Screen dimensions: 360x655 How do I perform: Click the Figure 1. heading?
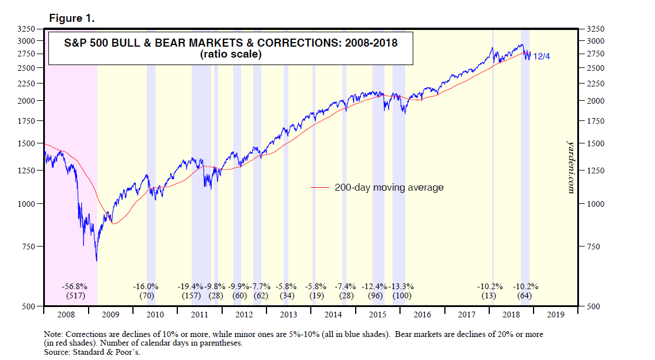tap(71, 18)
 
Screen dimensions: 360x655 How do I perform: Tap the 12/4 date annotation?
tap(542, 57)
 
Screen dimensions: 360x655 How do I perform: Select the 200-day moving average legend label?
tap(389, 188)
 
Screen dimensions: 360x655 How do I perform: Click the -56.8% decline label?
tap(74, 286)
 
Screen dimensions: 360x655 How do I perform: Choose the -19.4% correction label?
tap(190, 286)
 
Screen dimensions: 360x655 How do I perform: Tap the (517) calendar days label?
tap(74, 296)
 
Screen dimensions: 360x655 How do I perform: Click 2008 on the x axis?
tap(66, 315)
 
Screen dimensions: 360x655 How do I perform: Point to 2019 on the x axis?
tap(555, 315)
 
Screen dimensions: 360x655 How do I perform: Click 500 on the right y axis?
tap(593, 306)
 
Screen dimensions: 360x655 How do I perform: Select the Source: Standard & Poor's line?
tap(92, 352)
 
